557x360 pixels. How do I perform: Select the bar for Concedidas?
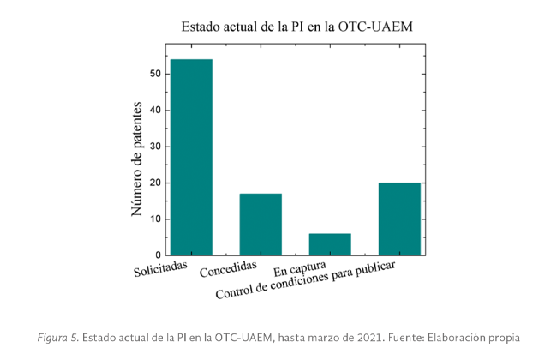261,225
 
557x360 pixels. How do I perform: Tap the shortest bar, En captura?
330,244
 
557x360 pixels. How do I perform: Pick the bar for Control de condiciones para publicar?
399,219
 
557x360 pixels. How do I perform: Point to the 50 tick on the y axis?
155,74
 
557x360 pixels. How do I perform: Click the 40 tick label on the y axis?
155,110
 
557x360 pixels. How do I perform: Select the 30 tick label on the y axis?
155,147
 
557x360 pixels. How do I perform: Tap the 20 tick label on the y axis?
155,183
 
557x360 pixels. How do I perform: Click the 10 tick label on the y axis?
155,219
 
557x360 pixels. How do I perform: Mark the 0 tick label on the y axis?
158,255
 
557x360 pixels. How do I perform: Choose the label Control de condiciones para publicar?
304,283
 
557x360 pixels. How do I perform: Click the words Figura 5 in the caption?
57,336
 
